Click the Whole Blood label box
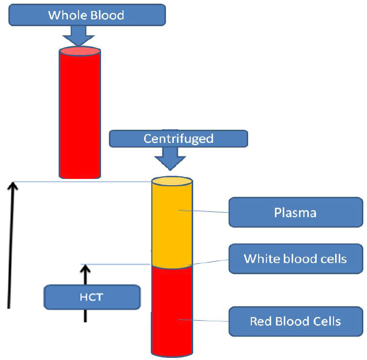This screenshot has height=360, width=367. [x=86, y=15]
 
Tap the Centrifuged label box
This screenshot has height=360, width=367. [x=178, y=139]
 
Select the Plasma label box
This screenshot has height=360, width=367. [x=295, y=212]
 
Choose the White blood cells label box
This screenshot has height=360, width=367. [x=295, y=258]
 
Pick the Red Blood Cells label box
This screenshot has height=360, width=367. [x=295, y=321]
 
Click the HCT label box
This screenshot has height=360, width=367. [x=92, y=297]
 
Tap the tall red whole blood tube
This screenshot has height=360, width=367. [x=80, y=115]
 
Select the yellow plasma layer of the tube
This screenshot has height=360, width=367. [x=172, y=225]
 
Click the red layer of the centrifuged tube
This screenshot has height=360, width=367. [x=172, y=309]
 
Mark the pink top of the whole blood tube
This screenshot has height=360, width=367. [x=80, y=51]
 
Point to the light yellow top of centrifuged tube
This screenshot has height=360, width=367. [x=172, y=182]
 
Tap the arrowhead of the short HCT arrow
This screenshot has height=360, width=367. [x=85, y=269]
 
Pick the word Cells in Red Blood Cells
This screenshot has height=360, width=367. [x=327, y=321]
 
